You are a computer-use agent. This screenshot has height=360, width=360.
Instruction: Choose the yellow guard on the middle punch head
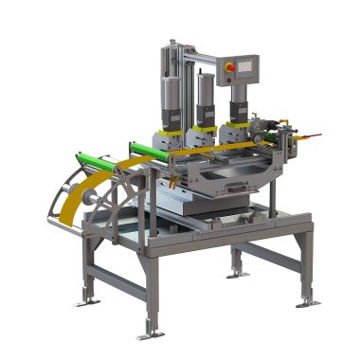[203, 132]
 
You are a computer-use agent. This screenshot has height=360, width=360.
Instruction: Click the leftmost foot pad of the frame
[89, 300]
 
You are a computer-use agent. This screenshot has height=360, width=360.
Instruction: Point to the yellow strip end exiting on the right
[301, 133]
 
